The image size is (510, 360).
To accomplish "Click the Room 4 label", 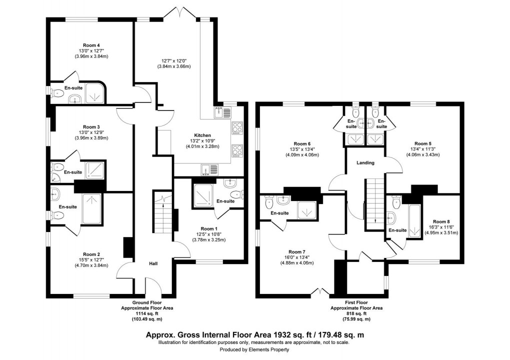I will pyautogui.click(x=88, y=44).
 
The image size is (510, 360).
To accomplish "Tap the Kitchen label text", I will pyautogui.click(x=203, y=135).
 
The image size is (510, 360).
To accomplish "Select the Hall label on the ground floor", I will pyautogui.click(x=153, y=263).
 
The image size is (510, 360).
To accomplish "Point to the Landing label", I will pyautogui.click(x=365, y=163).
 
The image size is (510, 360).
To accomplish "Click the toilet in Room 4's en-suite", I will pyautogui.click(x=57, y=92).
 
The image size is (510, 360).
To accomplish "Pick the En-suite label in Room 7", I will pyautogui.click(x=279, y=213).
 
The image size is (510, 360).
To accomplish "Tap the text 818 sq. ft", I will pyautogui.click(x=356, y=313).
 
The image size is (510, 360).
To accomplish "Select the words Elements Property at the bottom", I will pyautogui.click(x=268, y=349).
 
